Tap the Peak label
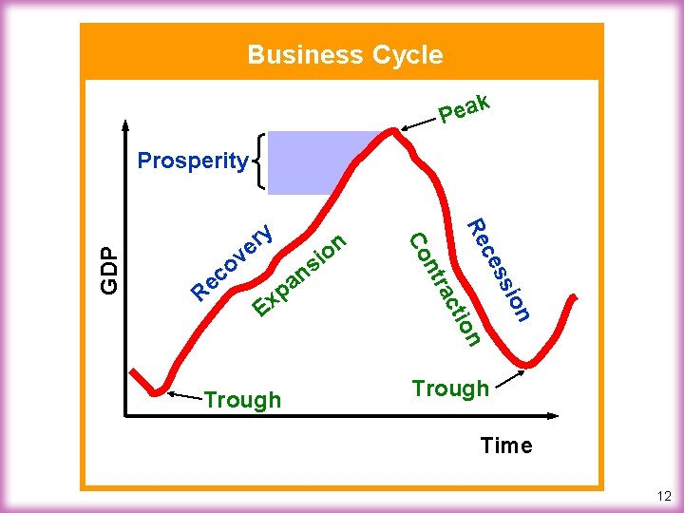click(465, 109)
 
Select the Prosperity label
click(192, 161)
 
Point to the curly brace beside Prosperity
click(256, 161)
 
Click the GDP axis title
click(110, 270)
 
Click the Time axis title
click(506, 445)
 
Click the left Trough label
click(242, 400)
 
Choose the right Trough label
click(450, 388)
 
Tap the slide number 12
click(663, 496)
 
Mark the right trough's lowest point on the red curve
click(529, 364)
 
